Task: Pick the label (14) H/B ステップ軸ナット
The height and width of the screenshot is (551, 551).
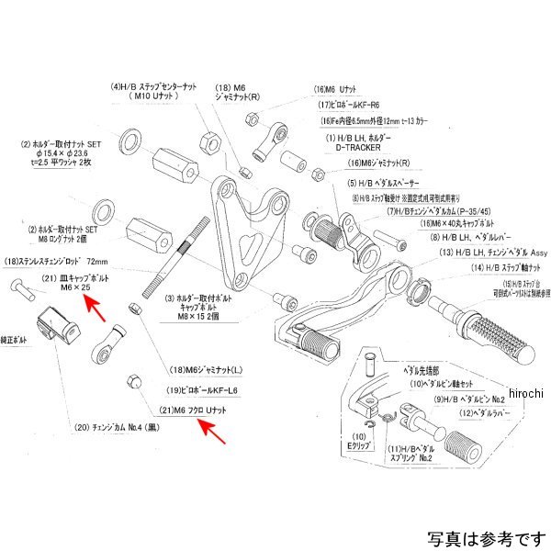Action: point(488,267)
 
